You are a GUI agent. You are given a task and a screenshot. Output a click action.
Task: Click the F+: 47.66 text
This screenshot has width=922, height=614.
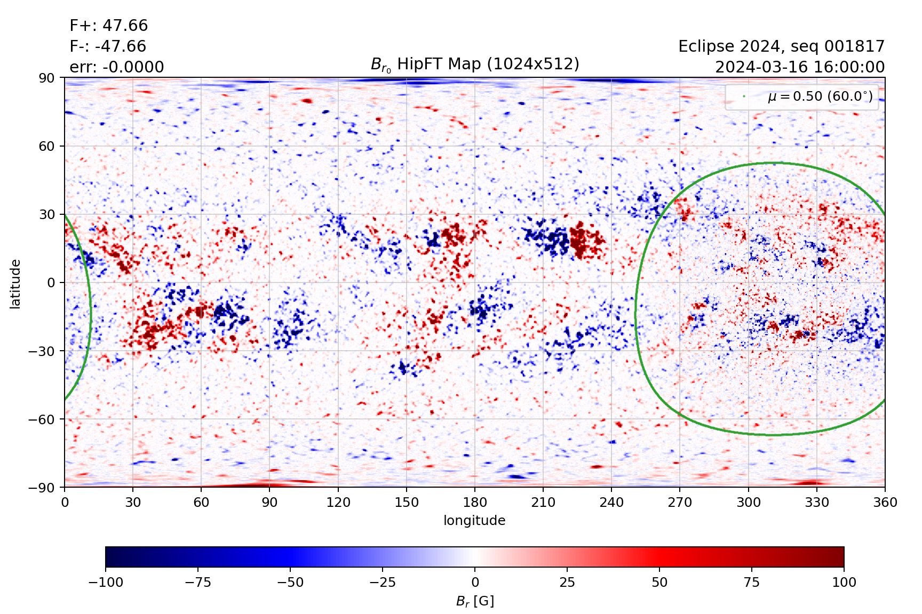109,26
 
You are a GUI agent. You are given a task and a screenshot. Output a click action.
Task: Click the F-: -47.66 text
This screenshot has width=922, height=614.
108,46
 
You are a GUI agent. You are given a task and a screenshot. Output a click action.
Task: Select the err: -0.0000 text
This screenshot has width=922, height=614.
117,67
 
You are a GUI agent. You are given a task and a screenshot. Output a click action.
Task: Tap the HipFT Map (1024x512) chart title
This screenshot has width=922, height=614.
475,64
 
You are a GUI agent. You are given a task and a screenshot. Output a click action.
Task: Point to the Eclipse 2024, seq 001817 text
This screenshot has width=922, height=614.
781,46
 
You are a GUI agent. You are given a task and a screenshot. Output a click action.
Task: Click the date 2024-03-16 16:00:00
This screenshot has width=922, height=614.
799,67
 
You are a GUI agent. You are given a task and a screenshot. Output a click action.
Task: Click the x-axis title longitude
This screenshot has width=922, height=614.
474,520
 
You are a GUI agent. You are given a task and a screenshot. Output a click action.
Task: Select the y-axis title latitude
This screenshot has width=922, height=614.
15,284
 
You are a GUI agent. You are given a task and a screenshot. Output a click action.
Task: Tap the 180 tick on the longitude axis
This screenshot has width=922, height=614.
475,502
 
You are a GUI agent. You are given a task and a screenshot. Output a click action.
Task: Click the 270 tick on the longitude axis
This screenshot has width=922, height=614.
680,502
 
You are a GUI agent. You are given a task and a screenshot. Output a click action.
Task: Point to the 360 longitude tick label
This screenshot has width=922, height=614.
885,502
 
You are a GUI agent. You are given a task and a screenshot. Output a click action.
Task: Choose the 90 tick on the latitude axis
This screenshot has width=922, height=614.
46,78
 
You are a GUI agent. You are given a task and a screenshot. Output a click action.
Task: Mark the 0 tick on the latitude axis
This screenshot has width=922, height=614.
51,282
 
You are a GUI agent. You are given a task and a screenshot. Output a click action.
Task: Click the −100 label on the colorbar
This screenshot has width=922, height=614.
106,582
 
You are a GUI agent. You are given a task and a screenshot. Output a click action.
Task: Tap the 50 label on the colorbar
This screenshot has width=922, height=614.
659,582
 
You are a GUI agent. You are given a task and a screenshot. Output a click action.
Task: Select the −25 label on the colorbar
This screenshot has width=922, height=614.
383,582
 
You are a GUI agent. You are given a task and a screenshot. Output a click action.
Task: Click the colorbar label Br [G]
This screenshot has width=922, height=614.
475,601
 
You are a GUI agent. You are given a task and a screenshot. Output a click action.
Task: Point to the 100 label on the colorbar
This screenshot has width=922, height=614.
844,582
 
